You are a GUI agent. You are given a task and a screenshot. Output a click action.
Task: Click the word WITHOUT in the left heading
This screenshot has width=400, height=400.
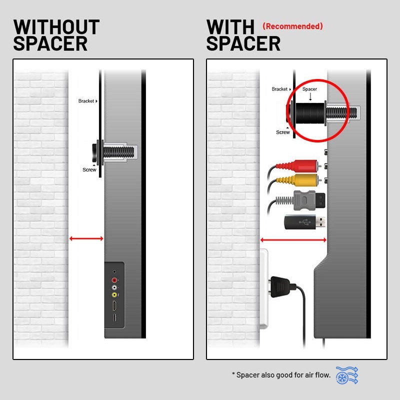[56, 26]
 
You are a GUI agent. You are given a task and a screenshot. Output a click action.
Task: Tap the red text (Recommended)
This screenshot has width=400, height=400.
[292, 26]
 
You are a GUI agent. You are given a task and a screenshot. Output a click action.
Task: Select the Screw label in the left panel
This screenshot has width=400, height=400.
[89, 170]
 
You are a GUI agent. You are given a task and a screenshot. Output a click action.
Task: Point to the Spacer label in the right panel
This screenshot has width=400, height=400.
[309, 89]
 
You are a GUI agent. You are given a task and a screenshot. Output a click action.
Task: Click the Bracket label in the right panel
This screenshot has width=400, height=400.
[279, 89]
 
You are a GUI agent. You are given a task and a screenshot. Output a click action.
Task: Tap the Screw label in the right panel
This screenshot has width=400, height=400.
[283, 132]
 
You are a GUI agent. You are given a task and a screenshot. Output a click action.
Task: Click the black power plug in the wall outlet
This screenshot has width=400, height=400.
[282, 288]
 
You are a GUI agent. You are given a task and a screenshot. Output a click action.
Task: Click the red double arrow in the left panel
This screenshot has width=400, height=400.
[86, 239]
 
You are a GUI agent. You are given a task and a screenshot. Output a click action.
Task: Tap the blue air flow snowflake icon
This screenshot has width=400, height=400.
[347, 375]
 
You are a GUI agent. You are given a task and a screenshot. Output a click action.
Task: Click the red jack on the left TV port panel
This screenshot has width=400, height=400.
[114, 280]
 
